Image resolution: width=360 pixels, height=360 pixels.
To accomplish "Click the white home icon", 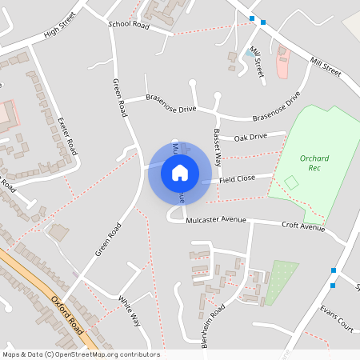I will point(180,173).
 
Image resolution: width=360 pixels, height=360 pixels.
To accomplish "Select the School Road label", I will point(129,26).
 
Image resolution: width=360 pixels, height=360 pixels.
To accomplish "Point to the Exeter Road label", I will point(68,135).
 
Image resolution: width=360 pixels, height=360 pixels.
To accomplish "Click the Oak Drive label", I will point(250,137).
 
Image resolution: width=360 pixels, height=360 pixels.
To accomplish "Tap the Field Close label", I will point(236,178).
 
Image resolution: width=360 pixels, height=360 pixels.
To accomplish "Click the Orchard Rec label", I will point(314,163).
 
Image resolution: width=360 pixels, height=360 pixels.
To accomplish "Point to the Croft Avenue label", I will point(303,226).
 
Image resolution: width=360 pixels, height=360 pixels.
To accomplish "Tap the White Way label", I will point(130,311).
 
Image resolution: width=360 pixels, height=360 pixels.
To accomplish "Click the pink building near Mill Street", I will point(282,63).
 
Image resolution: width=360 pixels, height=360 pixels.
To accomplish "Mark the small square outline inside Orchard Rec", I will point(291,183).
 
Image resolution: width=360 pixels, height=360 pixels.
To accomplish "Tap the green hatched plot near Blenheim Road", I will point(281,282).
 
